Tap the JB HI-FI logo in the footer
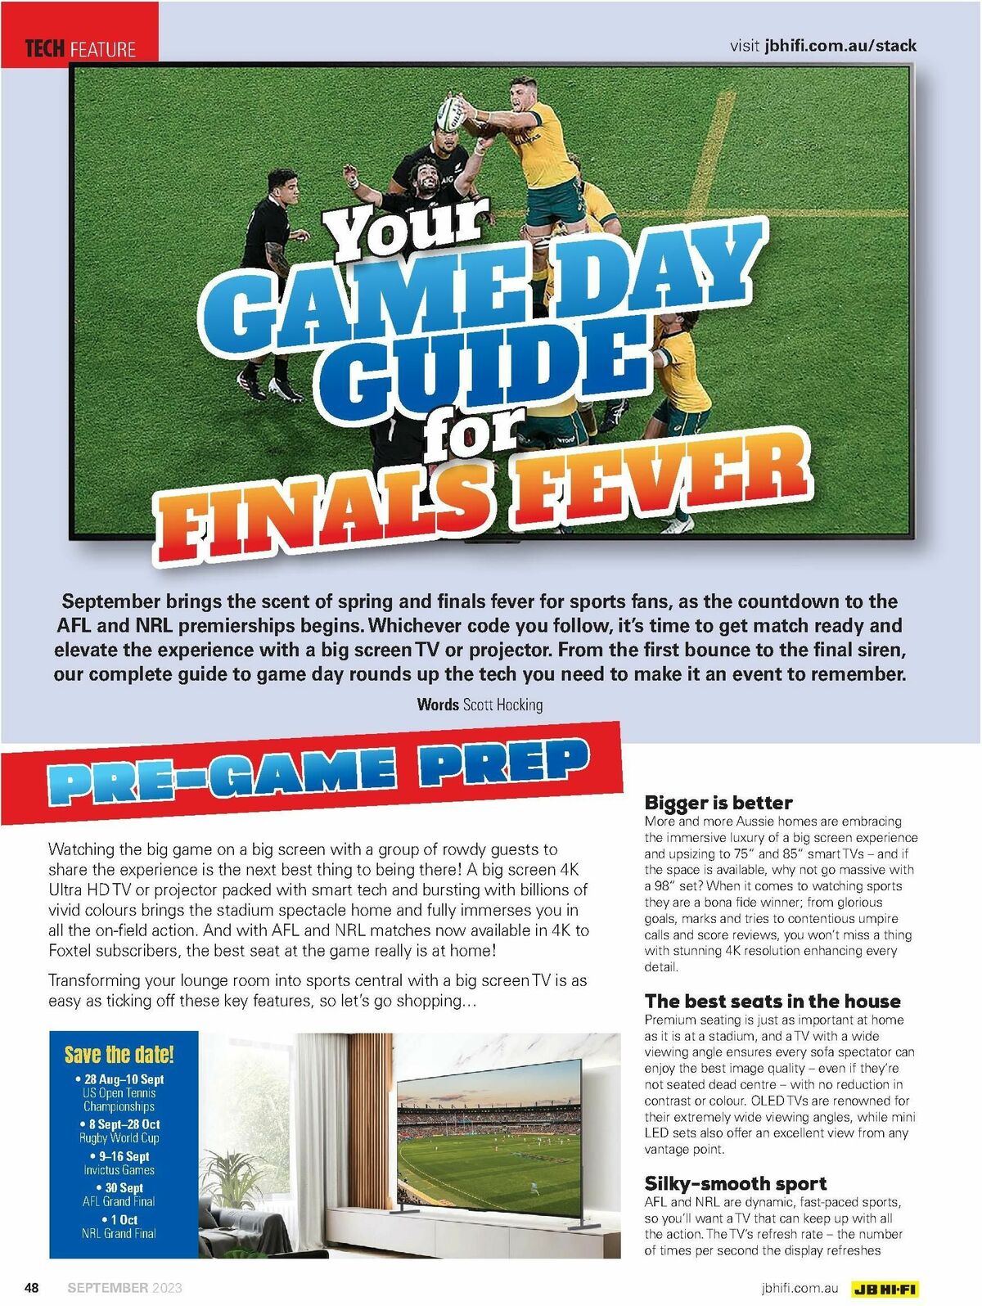tap(885, 1289)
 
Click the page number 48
tap(32, 1288)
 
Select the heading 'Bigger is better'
tap(718, 802)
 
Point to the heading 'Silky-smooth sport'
tap(735, 1183)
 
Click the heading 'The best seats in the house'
tap(772, 1001)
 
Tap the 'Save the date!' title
tap(119, 1054)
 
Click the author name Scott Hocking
tap(502, 705)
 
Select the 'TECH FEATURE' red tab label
tap(80, 49)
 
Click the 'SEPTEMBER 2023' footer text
tap(124, 1288)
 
